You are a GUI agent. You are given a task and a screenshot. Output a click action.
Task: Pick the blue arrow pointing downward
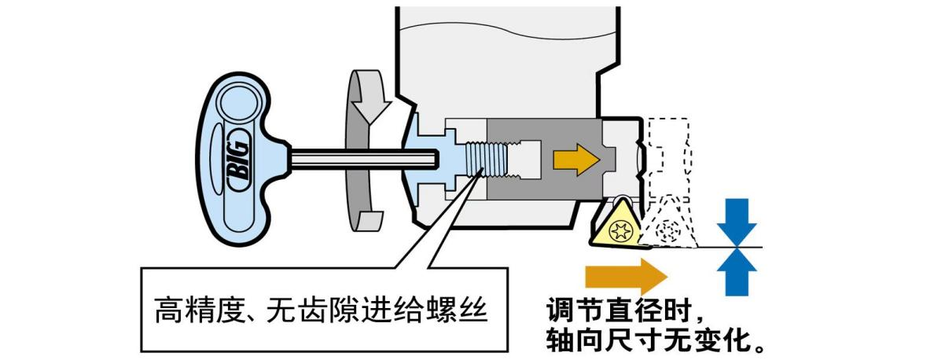coord(736,221)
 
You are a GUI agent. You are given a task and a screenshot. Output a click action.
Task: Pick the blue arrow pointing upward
coord(736,271)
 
